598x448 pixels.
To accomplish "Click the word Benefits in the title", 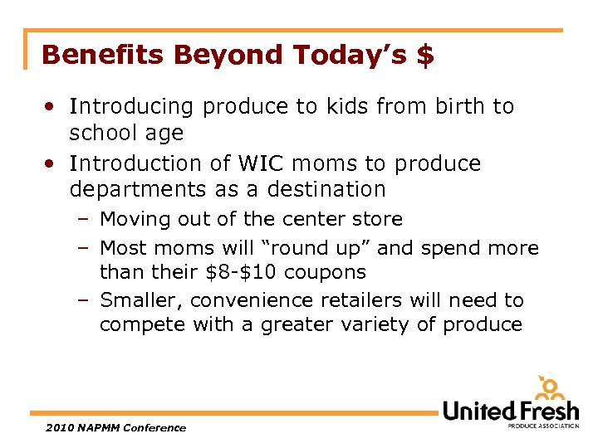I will (94, 55).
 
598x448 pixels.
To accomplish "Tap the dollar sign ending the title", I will (424, 55).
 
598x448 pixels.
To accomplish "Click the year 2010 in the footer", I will (58, 428).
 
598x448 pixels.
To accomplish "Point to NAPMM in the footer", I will (100, 428).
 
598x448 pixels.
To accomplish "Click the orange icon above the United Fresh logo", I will (550, 388).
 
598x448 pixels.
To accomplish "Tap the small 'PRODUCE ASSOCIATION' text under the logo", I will (543, 425).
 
